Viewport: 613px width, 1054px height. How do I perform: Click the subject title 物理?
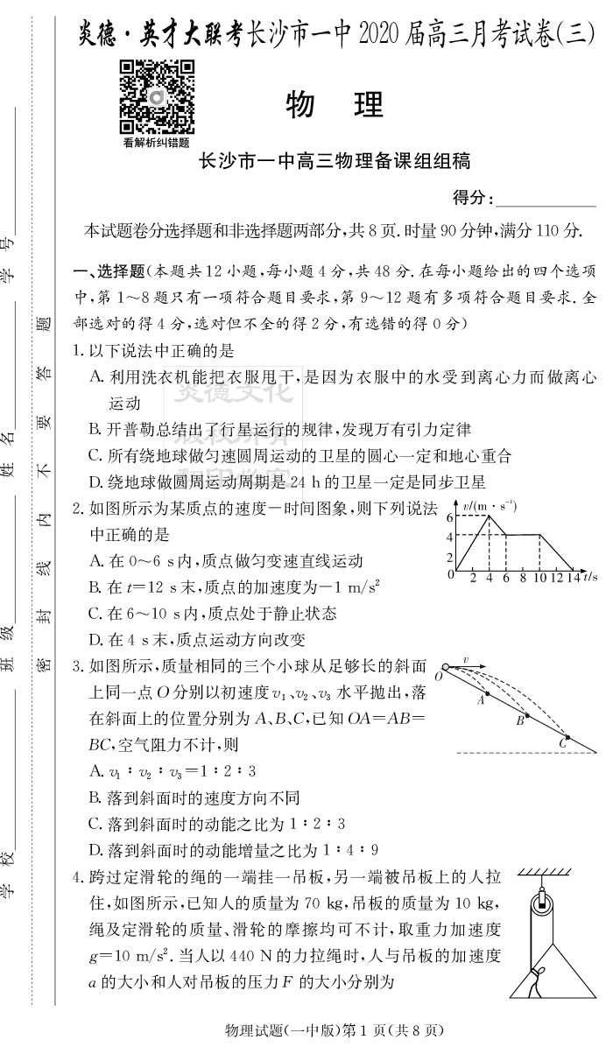coord(335,105)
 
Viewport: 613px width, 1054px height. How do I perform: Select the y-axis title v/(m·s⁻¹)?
coord(490,505)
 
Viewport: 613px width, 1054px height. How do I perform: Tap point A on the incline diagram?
coord(482,692)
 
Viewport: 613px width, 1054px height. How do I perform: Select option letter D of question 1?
coord(95,481)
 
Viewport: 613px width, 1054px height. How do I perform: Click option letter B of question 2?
coord(95,587)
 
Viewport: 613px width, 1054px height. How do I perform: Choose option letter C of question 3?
coord(95,823)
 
